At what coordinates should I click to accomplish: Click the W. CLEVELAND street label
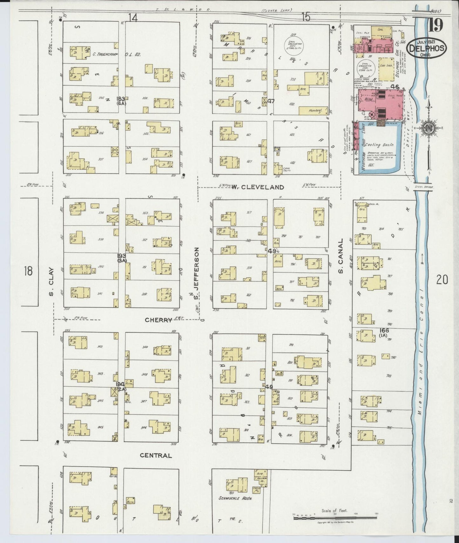[257, 187]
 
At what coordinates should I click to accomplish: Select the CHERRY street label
[159, 320]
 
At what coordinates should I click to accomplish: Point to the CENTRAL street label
[156, 455]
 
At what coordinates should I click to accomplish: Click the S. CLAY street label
[51, 282]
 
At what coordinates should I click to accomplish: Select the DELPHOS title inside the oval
[427, 48]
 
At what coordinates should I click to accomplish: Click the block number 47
[271, 101]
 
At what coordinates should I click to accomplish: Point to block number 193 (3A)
[121, 257]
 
